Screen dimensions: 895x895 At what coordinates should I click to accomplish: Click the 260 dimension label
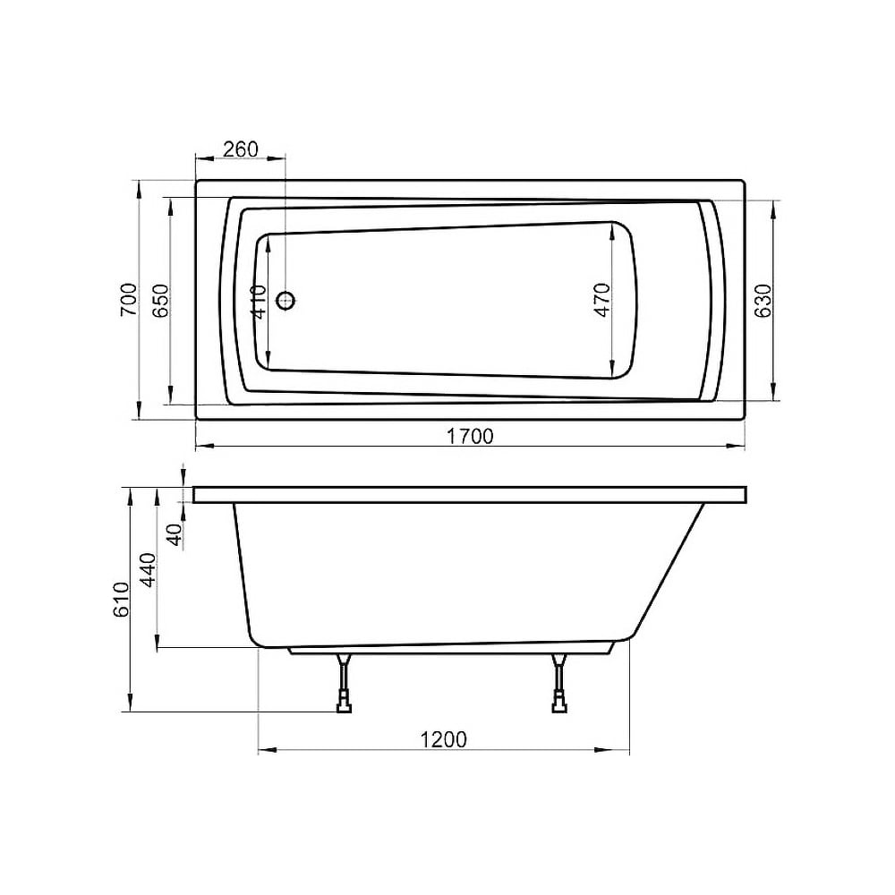(240, 149)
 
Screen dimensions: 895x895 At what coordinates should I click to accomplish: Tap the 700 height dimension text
(129, 300)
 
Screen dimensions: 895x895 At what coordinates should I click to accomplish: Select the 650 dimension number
(160, 300)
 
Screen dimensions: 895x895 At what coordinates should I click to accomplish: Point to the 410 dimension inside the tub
(258, 302)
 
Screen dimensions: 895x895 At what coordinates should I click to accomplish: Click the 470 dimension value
(602, 300)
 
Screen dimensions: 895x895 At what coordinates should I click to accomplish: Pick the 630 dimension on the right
(763, 300)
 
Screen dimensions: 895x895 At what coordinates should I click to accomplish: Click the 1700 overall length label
(469, 437)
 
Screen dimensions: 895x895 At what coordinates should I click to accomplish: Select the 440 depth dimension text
(148, 569)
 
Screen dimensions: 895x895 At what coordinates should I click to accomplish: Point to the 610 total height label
(121, 600)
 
